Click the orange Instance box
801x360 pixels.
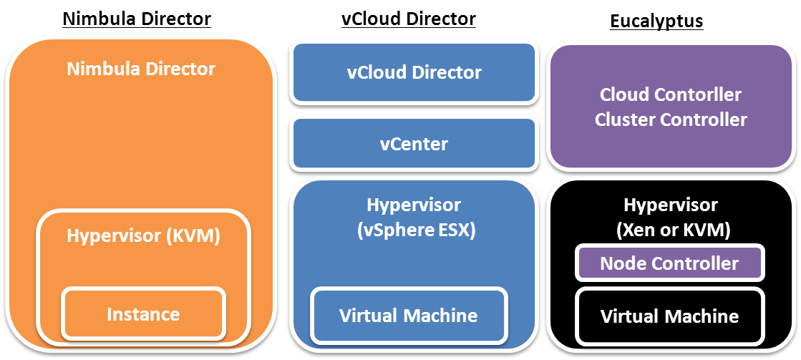coord(143,313)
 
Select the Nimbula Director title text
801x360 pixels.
coord(141,69)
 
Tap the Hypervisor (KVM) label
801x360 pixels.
coord(143,235)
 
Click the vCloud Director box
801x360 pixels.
coord(414,72)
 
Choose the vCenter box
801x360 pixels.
coord(414,144)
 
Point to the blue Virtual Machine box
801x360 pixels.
coord(409,315)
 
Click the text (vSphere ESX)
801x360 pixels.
coord(414,231)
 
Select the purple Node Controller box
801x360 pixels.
coord(669,263)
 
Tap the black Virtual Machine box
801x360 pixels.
coord(669,316)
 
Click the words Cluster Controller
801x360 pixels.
coord(671,120)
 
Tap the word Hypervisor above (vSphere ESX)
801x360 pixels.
coord(414,205)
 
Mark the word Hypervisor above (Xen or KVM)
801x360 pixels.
coord(671,205)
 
